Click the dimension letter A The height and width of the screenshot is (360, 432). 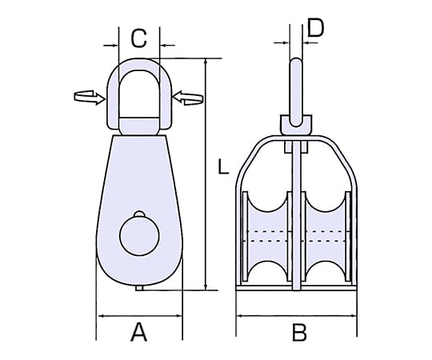(x=139, y=332)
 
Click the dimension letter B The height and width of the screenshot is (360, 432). (x=299, y=333)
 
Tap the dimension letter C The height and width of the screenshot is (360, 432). (x=138, y=38)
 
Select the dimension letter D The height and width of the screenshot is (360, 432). (x=315, y=28)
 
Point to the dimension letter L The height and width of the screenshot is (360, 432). (x=223, y=166)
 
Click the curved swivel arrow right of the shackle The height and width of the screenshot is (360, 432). (x=188, y=98)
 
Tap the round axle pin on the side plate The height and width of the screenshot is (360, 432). (x=139, y=235)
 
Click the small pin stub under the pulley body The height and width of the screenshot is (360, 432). (x=139, y=288)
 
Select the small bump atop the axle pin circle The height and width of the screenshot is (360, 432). (x=139, y=214)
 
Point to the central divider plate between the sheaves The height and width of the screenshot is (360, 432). (x=297, y=215)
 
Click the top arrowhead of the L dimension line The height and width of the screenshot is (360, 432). (x=206, y=62)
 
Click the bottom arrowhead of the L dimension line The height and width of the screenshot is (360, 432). (x=206, y=286)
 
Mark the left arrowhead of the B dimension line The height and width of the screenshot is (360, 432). (x=241, y=316)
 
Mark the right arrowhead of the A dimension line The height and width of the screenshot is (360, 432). (x=178, y=316)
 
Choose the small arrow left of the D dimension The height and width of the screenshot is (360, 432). (x=282, y=42)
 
